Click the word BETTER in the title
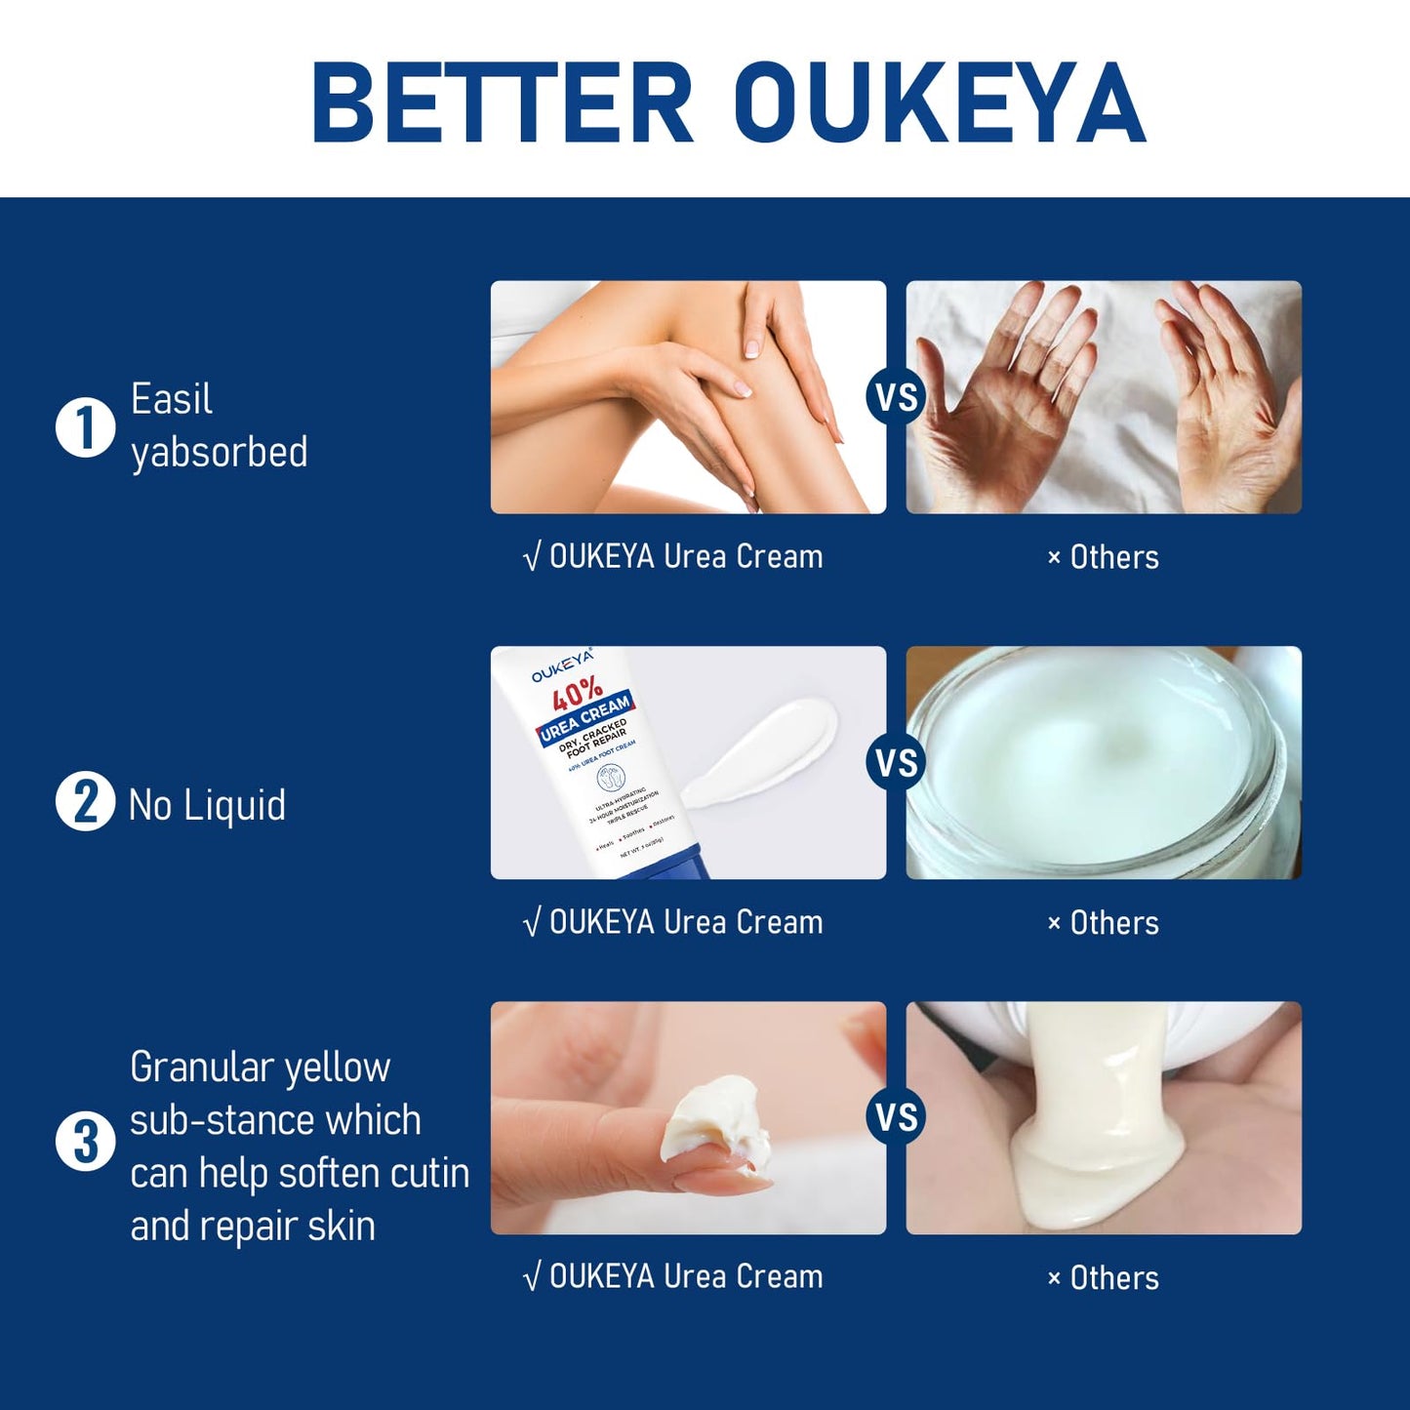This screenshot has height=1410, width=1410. (503, 103)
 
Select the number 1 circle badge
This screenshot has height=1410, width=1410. (86, 426)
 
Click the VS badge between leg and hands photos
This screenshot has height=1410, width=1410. (896, 397)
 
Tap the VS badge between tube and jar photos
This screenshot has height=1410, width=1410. (896, 762)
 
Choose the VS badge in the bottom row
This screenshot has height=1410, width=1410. (896, 1116)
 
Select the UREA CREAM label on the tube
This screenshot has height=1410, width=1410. (586, 717)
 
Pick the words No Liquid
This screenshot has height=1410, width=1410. (207, 805)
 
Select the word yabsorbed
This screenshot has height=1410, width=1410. (220, 451)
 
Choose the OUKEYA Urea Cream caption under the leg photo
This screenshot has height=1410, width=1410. (673, 556)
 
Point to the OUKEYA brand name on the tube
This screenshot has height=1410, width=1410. (561, 666)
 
